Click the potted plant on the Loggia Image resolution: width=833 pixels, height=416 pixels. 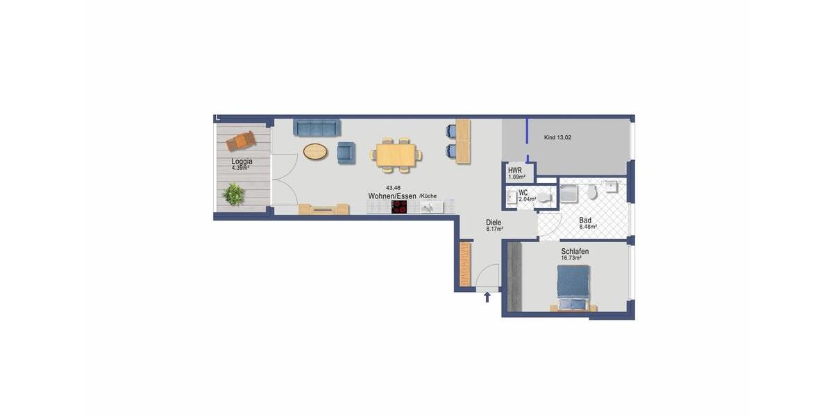click(x=234, y=194)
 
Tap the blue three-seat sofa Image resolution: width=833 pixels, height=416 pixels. click(x=317, y=128)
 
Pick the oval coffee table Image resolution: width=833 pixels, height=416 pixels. click(x=315, y=151)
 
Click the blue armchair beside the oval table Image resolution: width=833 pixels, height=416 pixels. click(x=346, y=153)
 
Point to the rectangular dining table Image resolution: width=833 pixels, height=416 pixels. click(x=396, y=155)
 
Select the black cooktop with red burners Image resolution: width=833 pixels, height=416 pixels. click(x=399, y=207)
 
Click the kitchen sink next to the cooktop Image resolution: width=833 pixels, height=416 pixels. click(x=430, y=207)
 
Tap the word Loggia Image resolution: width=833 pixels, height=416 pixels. click(x=242, y=162)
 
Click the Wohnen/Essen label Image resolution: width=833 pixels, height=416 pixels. click(x=392, y=196)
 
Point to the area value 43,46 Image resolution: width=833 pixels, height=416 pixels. click(x=393, y=188)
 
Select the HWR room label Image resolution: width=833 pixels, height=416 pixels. click(x=515, y=170)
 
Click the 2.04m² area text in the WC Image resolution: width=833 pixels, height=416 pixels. click(x=528, y=199)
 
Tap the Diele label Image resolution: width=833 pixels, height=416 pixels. click(x=494, y=223)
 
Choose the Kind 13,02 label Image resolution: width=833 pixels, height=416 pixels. click(x=557, y=138)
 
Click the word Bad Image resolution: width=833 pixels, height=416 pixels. click(x=586, y=220)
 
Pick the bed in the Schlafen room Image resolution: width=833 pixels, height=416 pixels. click(x=573, y=287)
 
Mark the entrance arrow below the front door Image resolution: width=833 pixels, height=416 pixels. click(x=487, y=297)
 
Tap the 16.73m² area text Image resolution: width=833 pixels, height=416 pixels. click(x=571, y=258)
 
